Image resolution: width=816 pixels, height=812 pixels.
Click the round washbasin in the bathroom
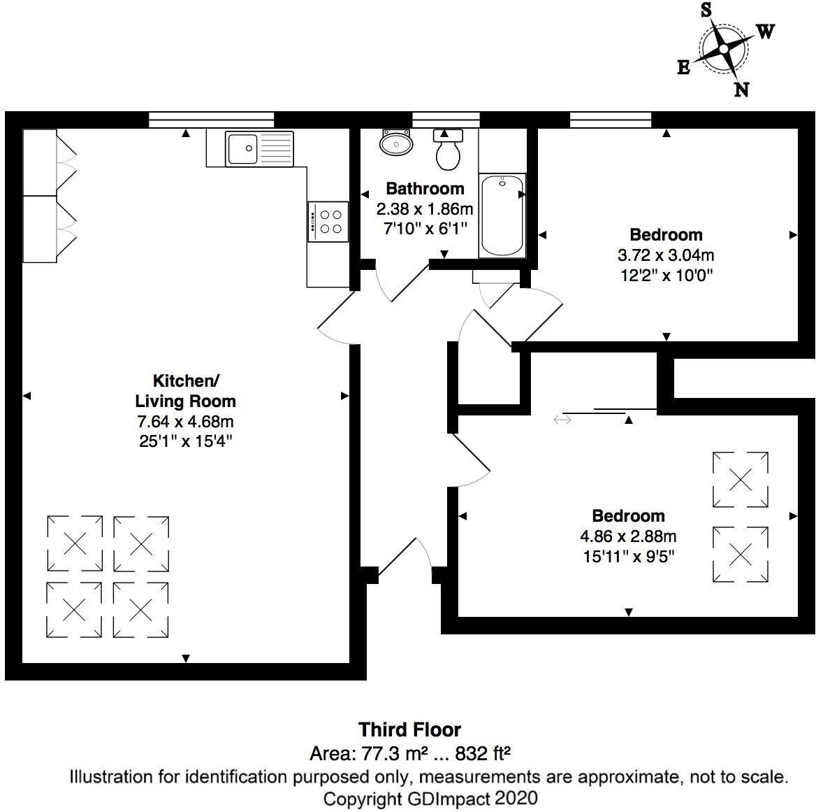click(396, 144)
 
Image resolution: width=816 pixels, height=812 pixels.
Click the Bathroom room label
click(425, 188)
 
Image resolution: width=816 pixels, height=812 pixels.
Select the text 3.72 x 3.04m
click(666, 255)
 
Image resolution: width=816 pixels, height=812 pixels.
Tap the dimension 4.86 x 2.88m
click(628, 536)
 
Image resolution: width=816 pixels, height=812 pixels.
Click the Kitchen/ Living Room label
click(185, 391)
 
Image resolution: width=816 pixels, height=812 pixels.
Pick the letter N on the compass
click(741, 89)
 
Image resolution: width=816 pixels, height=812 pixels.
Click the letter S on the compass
click(706, 10)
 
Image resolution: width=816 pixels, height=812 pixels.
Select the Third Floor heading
click(409, 729)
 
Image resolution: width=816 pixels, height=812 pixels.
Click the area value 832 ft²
click(483, 754)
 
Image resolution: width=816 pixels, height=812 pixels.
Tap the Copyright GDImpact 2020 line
click(430, 798)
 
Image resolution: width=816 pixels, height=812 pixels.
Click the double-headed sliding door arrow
click(562, 420)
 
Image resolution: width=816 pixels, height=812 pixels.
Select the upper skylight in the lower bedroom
click(740, 480)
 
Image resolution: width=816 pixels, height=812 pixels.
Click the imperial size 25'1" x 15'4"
click(185, 441)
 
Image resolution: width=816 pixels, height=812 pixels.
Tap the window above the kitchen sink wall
click(211, 120)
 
